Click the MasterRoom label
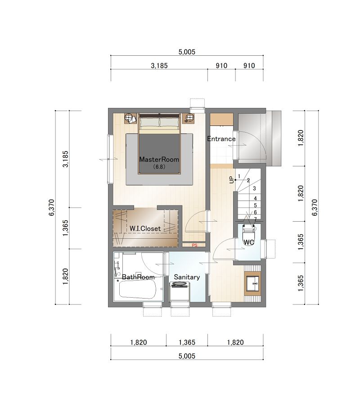[x=159, y=159]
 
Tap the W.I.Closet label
[x=145, y=228]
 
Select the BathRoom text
[x=138, y=277]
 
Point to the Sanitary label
[x=187, y=277]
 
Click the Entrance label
[x=221, y=138]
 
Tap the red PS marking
[x=194, y=245]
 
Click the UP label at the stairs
[x=232, y=180]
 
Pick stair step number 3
[x=254, y=189]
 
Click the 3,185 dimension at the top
[x=159, y=66]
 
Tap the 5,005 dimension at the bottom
[x=187, y=356]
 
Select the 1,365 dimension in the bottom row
[x=187, y=343]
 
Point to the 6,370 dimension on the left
[x=51, y=208]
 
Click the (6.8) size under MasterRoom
[x=159, y=167]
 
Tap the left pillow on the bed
[x=150, y=122]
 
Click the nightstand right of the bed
[x=189, y=118]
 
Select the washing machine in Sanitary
[x=180, y=291]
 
